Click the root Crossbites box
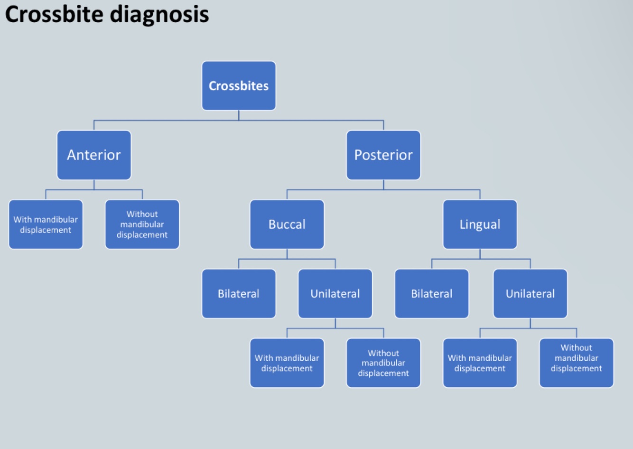(x=239, y=86)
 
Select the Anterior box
(x=94, y=155)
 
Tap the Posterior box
(x=383, y=155)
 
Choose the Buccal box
(x=287, y=224)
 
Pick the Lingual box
(x=480, y=224)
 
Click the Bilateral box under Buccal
(x=239, y=294)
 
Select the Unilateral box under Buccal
(x=335, y=294)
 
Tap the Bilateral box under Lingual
(x=432, y=294)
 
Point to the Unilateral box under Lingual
(x=530, y=294)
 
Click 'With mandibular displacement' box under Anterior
(x=46, y=224)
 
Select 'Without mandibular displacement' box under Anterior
(x=142, y=224)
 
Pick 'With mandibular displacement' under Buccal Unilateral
(x=287, y=363)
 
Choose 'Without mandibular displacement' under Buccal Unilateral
(x=383, y=363)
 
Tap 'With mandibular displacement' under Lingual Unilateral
(x=480, y=363)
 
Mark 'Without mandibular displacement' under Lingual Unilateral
(x=577, y=363)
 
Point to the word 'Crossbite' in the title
(x=54, y=14)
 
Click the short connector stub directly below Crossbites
(x=239, y=115)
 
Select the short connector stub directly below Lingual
(x=480, y=254)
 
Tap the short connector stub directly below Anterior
(x=94, y=185)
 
